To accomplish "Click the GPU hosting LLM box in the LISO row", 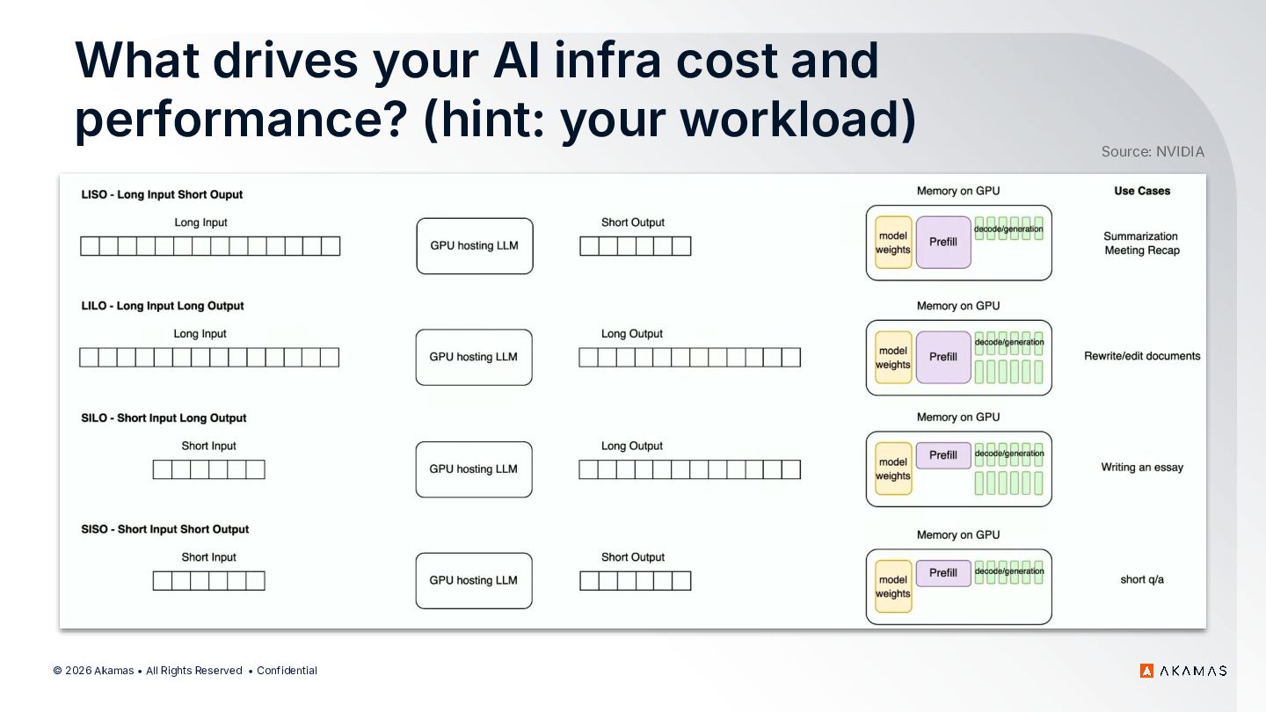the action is click(x=475, y=246).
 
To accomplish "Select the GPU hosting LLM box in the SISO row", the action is click(x=474, y=580).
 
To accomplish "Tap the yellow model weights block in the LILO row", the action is click(x=893, y=357).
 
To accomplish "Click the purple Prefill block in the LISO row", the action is click(x=943, y=242).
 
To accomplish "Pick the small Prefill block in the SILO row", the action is click(x=943, y=455).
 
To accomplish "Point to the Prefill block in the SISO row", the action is click(x=943, y=573).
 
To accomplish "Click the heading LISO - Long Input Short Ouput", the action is click(x=162, y=194).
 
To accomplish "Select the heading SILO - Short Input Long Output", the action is click(x=164, y=418).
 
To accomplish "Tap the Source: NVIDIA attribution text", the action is click(x=1153, y=151).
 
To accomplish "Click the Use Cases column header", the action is click(x=1142, y=191).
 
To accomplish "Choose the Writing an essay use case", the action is click(x=1142, y=468).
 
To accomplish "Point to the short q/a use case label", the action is click(x=1142, y=579).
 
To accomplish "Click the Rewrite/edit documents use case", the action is click(x=1142, y=356).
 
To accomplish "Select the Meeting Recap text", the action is click(x=1142, y=251).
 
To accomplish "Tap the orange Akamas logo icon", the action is click(x=1146, y=671).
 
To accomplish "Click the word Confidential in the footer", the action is click(x=287, y=671).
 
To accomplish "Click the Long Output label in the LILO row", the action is click(x=632, y=334).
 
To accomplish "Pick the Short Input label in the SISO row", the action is click(x=208, y=557).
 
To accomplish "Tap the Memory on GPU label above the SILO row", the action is click(x=958, y=417).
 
